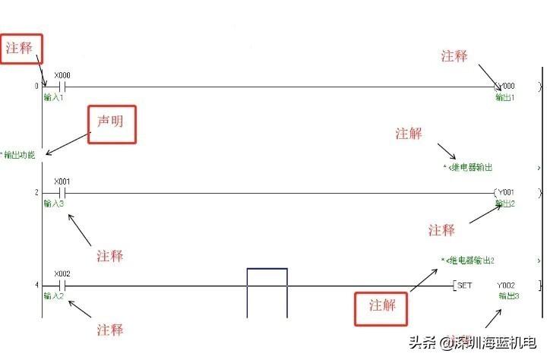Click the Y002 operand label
(x=507, y=286)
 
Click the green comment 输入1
(x=54, y=97)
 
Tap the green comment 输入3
(x=54, y=204)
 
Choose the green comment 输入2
(x=54, y=295)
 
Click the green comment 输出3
(x=509, y=295)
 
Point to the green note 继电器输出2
(x=471, y=261)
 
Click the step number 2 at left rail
(x=36, y=193)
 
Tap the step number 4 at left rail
(x=36, y=286)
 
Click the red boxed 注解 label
(x=383, y=305)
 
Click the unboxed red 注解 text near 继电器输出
(x=409, y=134)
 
